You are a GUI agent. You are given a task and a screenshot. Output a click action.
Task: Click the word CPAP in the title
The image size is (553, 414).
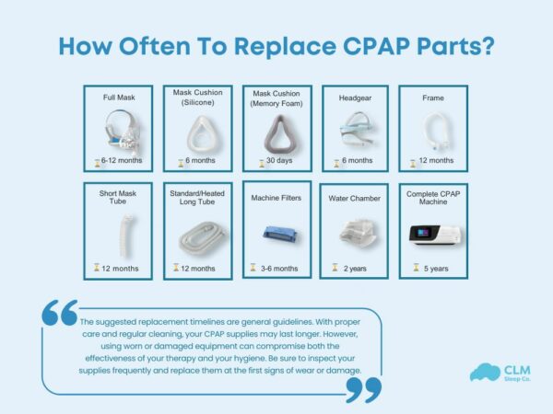click(x=360, y=45)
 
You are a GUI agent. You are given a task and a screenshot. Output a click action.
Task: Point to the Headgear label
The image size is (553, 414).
click(x=355, y=96)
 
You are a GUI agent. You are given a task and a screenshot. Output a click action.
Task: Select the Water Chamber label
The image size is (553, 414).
click(x=355, y=198)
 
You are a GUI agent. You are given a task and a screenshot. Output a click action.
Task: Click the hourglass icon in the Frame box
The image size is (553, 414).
click(x=412, y=161)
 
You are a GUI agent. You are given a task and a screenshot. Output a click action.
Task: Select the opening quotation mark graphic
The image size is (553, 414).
click(x=59, y=313)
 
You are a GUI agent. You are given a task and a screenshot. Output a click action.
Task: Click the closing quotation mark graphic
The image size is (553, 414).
click(x=362, y=389)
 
